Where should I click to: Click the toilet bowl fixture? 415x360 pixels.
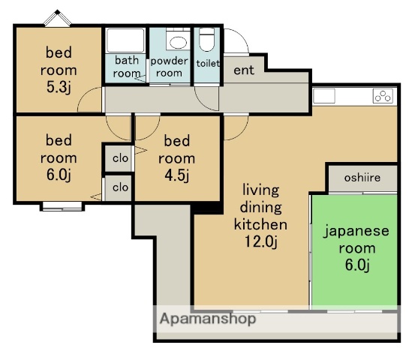[x=206, y=40]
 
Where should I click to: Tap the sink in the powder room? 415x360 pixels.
[x=178, y=43]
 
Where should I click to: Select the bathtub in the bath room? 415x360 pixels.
[x=125, y=40]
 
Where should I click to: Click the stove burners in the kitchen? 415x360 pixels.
[x=383, y=96]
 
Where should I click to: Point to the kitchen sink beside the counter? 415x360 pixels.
[x=324, y=96]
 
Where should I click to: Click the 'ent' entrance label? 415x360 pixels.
[x=244, y=70]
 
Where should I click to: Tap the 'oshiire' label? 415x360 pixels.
[x=362, y=178]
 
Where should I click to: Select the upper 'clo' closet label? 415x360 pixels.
[x=120, y=158]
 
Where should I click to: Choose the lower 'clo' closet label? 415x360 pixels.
[x=120, y=187]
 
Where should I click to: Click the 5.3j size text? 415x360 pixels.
[x=59, y=87]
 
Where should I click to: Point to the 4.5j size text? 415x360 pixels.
[x=177, y=175]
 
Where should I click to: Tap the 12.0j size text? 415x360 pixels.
[x=261, y=241]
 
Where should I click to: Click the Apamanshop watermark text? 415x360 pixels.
[x=208, y=319]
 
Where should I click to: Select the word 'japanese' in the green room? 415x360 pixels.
[x=356, y=232]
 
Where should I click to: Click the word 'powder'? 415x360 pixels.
[x=169, y=61]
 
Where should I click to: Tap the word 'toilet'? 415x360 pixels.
[x=208, y=63]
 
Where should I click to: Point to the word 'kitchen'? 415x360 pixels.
[x=260, y=224]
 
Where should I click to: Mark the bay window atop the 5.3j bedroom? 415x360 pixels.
[x=58, y=18]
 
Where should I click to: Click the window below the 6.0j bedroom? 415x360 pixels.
[x=62, y=206]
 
